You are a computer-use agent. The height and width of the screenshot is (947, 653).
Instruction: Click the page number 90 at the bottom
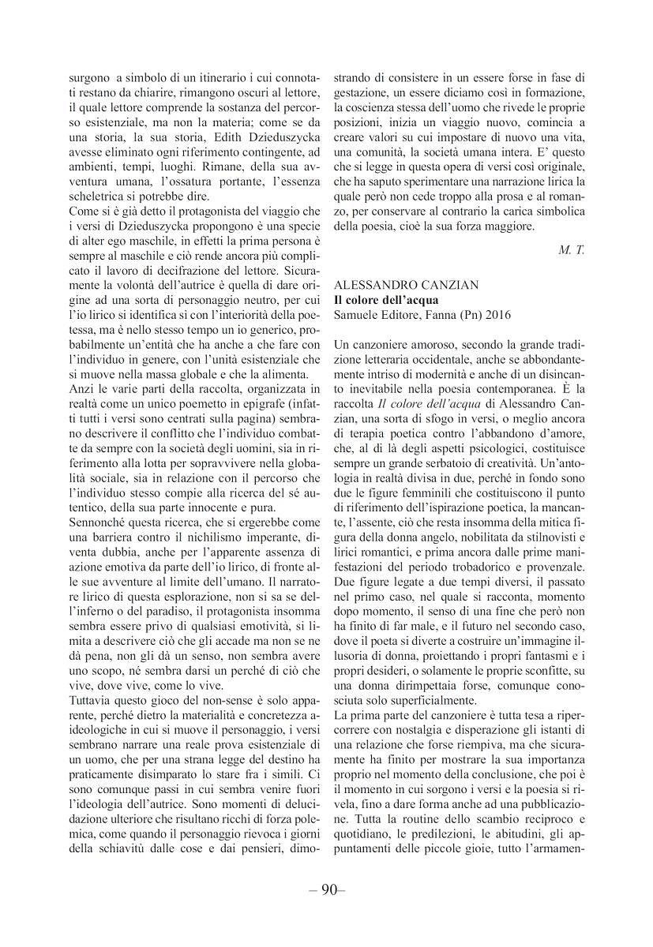(326, 891)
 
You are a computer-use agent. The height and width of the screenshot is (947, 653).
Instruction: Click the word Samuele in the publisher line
(358, 315)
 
